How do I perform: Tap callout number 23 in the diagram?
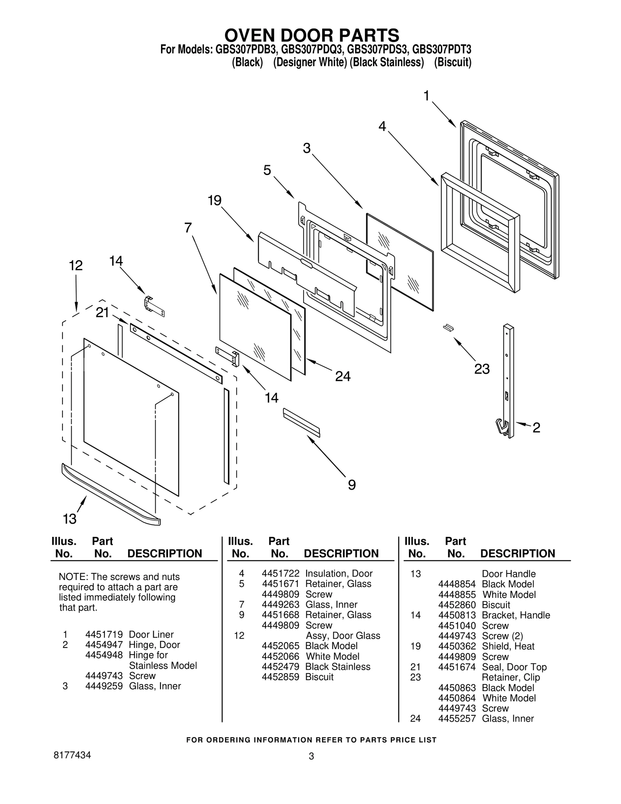(x=482, y=369)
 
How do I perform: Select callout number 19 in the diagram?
(x=214, y=201)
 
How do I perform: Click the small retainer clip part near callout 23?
(x=448, y=328)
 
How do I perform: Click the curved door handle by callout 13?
(x=111, y=495)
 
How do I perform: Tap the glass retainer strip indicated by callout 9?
(x=302, y=422)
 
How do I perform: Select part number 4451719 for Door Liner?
(x=104, y=634)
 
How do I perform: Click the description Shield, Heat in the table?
(x=508, y=646)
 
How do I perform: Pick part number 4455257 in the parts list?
(x=457, y=718)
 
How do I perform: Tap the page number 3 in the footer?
(x=311, y=756)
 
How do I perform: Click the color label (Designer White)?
(x=310, y=63)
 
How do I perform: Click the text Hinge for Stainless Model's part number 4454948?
(x=104, y=655)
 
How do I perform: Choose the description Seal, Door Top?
(x=514, y=667)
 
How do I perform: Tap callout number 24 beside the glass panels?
(x=343, y=376)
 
